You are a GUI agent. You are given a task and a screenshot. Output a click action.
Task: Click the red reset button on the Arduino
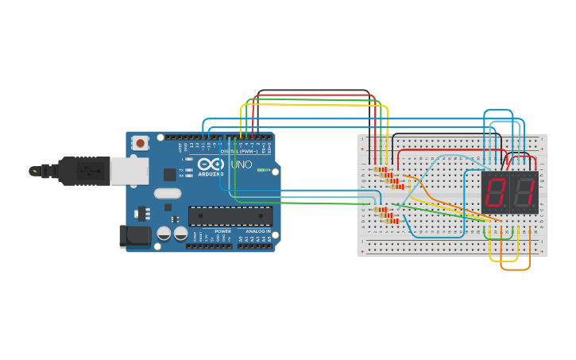(x=141, y=143)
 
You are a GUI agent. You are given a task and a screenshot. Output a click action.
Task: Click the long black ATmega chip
(x=230, y=216)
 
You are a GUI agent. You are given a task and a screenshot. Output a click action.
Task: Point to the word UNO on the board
(x=242, y=165)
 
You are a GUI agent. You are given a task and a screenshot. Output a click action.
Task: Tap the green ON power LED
(x=260, y=170)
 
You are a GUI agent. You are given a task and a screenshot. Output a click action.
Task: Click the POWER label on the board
(x=222, y=231)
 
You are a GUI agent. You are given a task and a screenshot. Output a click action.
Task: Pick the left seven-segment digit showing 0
(x=496, y=192)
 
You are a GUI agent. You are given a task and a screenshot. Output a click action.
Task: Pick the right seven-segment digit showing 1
(x=524, y=192)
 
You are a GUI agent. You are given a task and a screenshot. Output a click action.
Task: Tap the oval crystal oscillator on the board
(x=168, y=193)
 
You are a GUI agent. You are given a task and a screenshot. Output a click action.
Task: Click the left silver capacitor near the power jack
(x=164, y=233)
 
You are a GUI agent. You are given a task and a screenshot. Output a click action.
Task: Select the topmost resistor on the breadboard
(x=381, y=169)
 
